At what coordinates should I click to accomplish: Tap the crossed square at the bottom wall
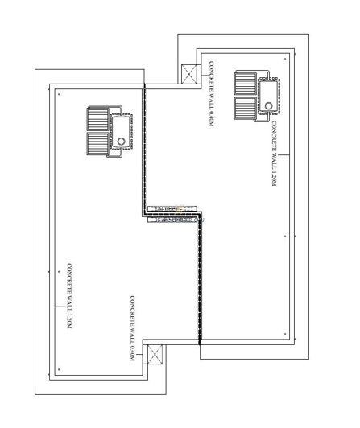pyautogui.click(x=153, y=354)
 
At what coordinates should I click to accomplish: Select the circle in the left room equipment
pyautogui.click(x=122, y=140)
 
